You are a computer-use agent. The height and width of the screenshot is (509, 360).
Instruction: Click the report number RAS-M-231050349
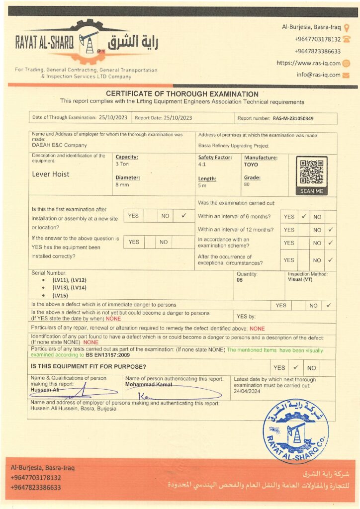click(x=293, y=118)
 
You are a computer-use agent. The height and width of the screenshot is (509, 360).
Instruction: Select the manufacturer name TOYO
click(x=251, y=164)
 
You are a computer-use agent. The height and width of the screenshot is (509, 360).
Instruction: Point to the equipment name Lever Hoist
click(x=51, y=174)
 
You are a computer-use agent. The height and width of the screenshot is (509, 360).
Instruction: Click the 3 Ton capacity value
click(x=122, y=164)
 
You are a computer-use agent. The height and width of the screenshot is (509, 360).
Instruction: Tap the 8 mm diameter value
click(x=121, y=185)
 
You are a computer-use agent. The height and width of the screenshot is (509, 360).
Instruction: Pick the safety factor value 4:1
click(x=202, y=164)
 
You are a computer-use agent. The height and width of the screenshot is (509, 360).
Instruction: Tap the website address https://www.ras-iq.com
click(x=308, y=63)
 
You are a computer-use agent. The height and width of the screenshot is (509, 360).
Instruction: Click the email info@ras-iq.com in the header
click(x=318, y=75)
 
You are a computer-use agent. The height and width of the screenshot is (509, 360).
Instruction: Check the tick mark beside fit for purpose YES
click(x=295, y=368)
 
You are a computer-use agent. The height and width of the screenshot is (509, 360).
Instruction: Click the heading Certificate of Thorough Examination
click(x=182, y=94)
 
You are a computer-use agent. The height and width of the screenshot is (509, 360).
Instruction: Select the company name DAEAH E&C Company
click(x=59, y=146)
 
